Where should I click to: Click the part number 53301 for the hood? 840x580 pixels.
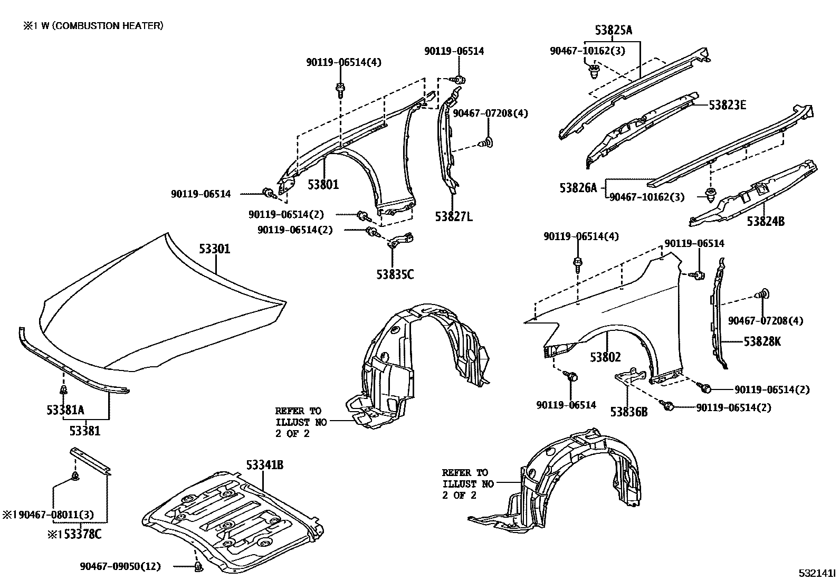point(214,249)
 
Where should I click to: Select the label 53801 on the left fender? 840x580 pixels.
point(323,184)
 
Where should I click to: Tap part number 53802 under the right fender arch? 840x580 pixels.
point(605,357)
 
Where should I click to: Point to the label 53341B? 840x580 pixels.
point(264,465)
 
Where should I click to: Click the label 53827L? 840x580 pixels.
point(454,216)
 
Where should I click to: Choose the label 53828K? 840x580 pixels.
point(762,341)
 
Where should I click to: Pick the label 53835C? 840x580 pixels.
point(395,274)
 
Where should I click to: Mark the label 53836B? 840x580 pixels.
point(628,412)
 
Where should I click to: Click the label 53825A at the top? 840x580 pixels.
point(613,30)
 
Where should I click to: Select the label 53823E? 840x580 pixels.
point(727,105)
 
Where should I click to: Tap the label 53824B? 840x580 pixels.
point(765,221)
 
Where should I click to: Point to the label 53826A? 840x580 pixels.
point(578,187)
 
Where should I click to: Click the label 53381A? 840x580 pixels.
point(65,410)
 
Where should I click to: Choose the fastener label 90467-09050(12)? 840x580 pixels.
point(120,566)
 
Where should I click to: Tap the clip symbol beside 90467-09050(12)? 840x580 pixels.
point(198,567)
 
